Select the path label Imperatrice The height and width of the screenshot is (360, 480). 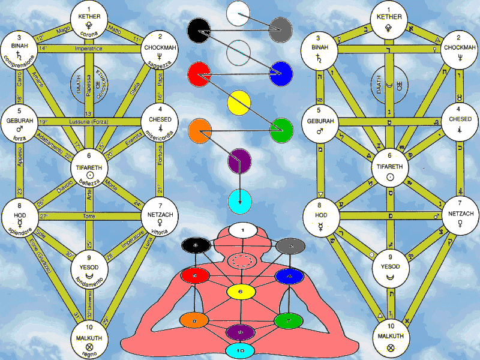[x=89, y=48]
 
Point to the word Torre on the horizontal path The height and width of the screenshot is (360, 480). [x=89, y=215]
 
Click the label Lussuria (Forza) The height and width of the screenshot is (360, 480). [x=89, y=122]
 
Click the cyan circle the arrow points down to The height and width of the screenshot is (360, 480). [x=239, y=199]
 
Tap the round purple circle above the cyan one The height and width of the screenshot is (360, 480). [x=239, y=161]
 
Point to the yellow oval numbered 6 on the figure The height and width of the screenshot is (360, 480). [x=239, y=292]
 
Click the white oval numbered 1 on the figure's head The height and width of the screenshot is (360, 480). [x=239, y=229]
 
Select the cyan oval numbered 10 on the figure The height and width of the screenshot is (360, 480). [x=239, y=350]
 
